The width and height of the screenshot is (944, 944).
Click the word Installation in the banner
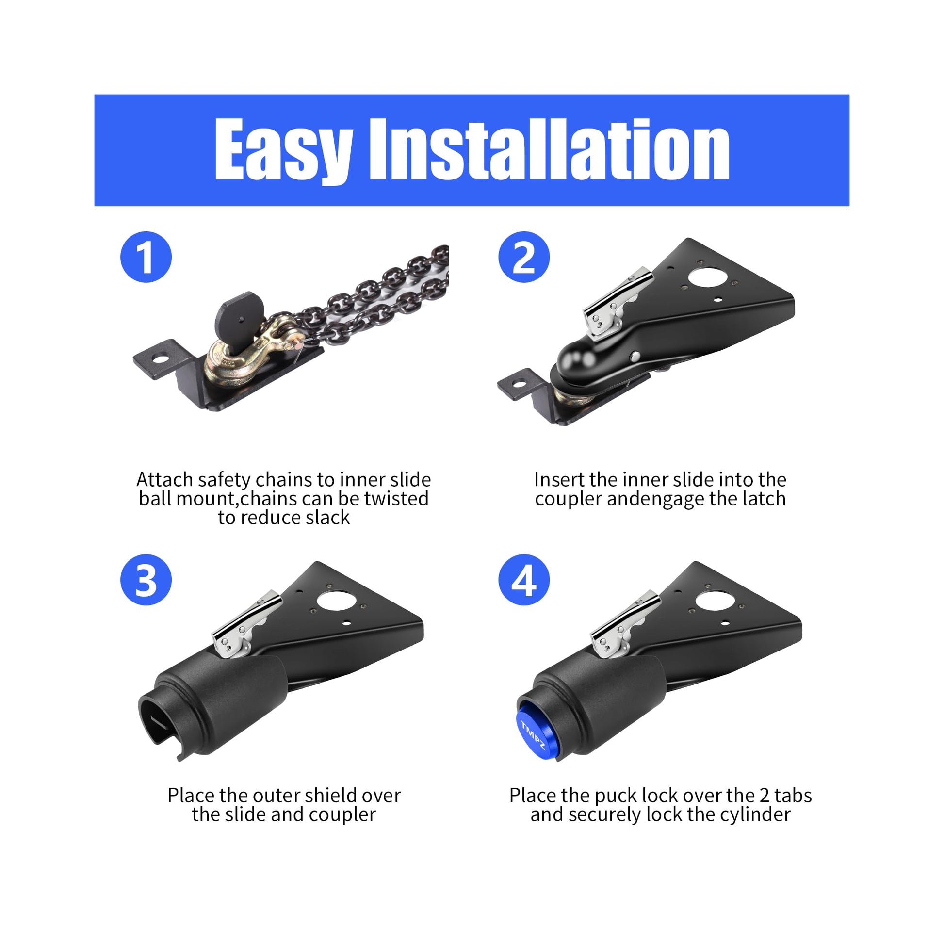click(550, 149)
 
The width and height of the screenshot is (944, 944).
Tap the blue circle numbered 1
click(146, 257)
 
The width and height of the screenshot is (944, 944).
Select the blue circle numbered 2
click(524, 257)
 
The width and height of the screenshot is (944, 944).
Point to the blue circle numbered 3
click(146, 580)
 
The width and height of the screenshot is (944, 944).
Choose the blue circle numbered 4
click(524, 580)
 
